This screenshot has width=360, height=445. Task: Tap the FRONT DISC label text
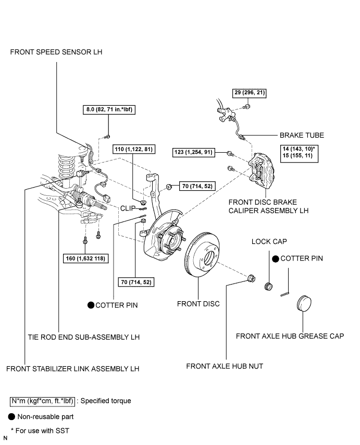point(198,304)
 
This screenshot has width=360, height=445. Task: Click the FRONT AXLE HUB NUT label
point(225,366)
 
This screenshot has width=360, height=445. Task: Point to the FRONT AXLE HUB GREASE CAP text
point(290,336)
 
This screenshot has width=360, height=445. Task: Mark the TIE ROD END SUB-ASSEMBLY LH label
point(83,337)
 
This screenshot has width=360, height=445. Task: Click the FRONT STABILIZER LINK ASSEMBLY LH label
point(73,369)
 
